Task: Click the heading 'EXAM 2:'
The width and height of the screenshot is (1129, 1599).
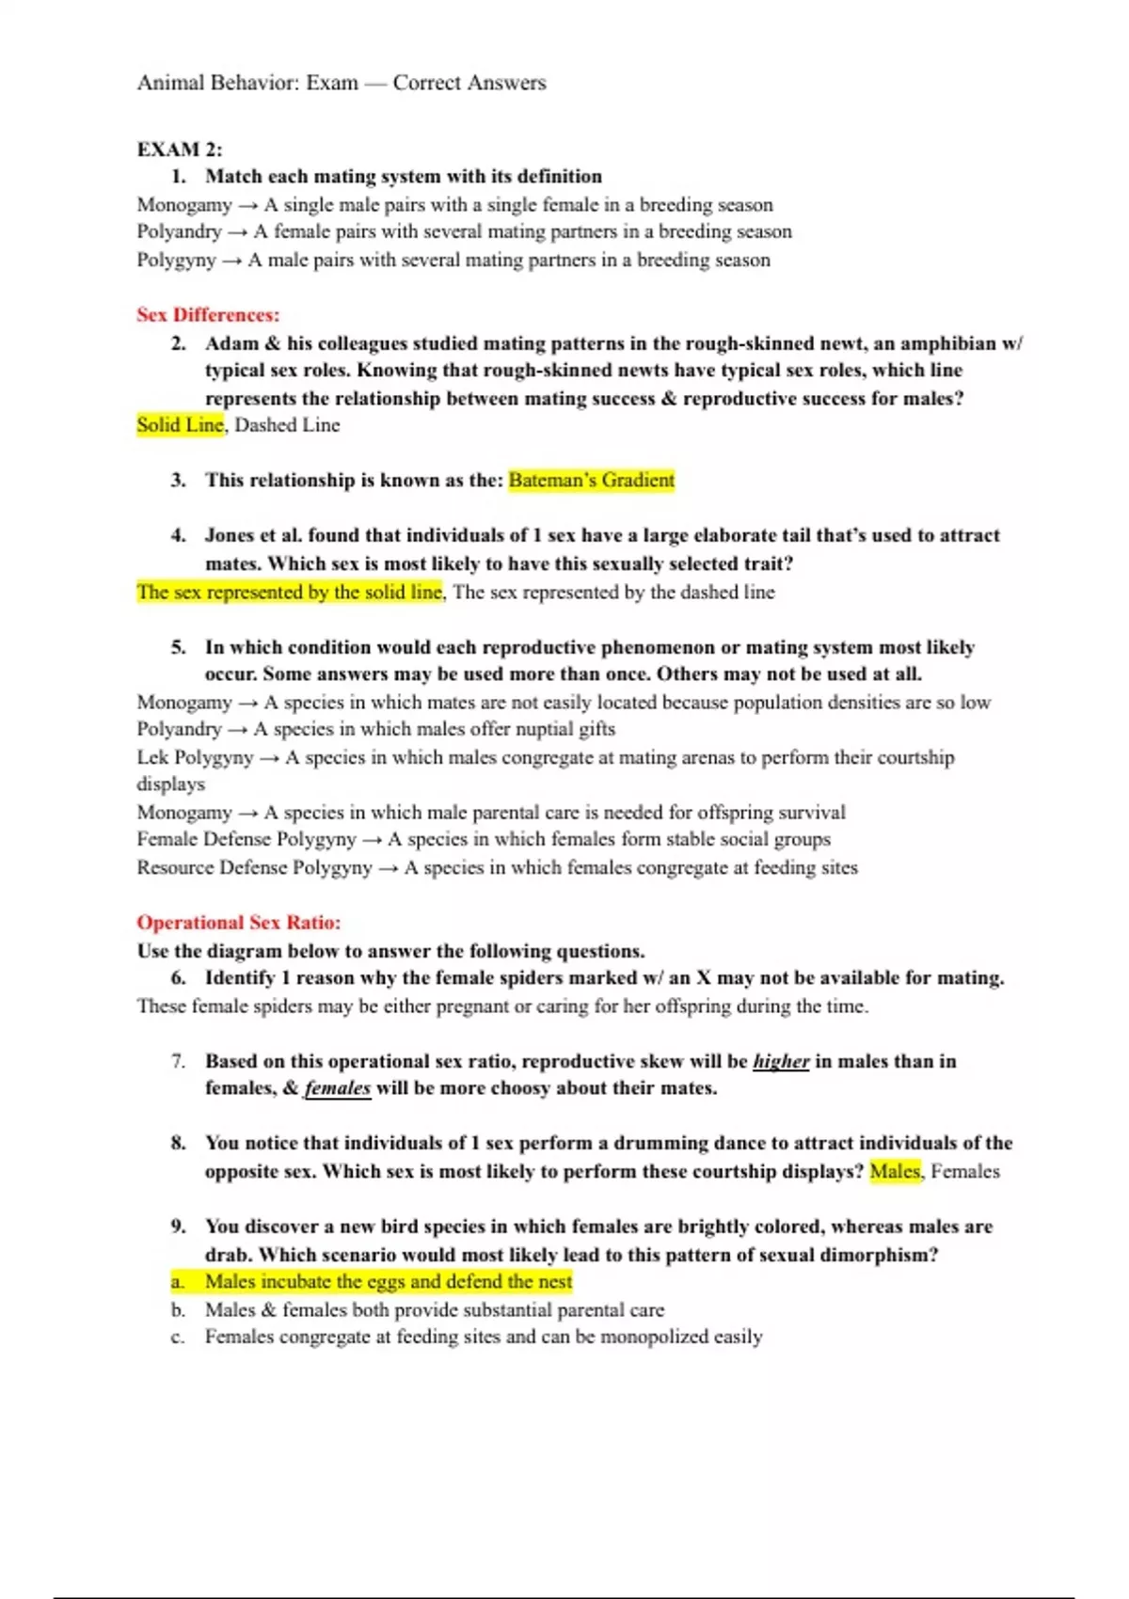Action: coord(180,150)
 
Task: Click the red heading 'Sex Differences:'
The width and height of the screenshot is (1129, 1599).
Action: coord(208,315)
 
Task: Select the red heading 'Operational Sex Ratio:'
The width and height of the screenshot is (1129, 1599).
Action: coord(239,923)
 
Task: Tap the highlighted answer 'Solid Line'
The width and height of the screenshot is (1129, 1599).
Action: coord(181,425)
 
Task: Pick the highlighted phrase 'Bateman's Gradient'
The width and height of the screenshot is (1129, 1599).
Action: coord(592,481)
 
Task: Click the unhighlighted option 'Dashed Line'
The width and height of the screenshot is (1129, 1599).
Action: coord(287,425)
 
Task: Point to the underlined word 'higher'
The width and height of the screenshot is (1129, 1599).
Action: coord(781,1062)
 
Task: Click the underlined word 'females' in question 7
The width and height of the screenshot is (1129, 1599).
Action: coord(337,1089)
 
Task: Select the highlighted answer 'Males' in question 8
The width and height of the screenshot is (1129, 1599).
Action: coord(895,1172)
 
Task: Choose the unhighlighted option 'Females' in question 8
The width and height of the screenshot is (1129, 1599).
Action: coord(965,1172)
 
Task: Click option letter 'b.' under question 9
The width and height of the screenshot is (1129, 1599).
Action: coord(179,1310)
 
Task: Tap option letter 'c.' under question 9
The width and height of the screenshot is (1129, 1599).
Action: coord(178,1338)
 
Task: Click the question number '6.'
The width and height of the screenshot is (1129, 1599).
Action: coord(179,978)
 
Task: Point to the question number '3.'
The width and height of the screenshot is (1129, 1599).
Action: coord(179,481)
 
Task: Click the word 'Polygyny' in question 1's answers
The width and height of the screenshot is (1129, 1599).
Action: coord(176,261)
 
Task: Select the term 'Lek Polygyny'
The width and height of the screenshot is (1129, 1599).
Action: coord(195,758)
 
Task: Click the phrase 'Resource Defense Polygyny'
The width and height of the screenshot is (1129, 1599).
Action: coord(254,868)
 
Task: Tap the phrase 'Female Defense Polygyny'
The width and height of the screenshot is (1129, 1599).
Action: coord(246,840)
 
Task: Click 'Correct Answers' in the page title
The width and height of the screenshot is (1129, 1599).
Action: coord(469,83)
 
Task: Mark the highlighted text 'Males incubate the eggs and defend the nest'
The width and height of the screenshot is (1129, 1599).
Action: coord(388,1282)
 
